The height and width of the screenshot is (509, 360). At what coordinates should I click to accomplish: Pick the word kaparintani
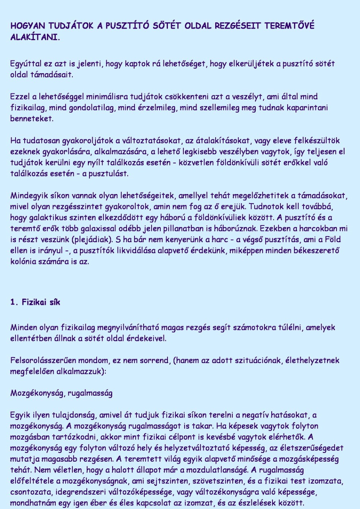coord(306,108)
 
